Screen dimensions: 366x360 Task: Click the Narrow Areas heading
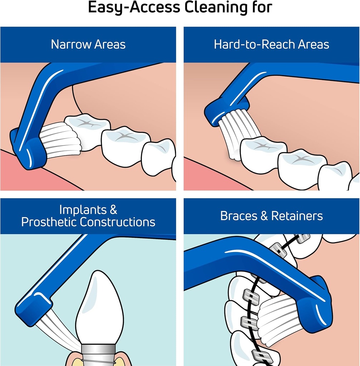(x=88, y=44)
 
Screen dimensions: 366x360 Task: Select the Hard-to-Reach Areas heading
(x=271, y=44)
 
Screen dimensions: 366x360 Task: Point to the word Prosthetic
(x=49, y=222)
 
